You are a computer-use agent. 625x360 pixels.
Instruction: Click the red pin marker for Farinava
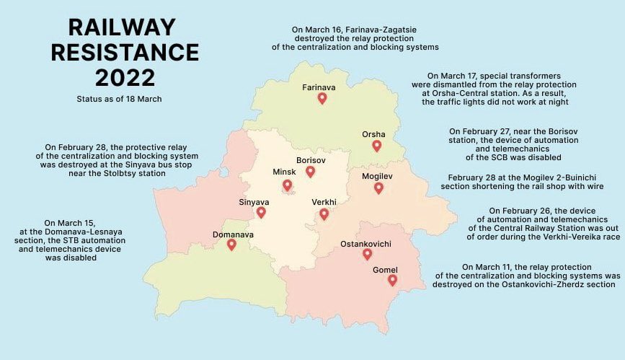click(x=322, y=98)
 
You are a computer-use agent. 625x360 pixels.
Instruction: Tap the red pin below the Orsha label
click(x=376, y=146)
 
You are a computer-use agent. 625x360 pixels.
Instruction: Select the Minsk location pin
click(x=287, y=185)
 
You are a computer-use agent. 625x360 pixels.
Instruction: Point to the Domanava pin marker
click(x=231, y=245)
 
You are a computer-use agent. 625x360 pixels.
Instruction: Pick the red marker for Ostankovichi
click(x=367, y=254)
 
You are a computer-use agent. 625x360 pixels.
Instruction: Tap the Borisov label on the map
click(x=311, y=159)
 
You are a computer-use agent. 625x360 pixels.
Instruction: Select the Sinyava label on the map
click(x=253, y=202)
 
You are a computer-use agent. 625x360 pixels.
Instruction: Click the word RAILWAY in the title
click(x=121, y=27)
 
